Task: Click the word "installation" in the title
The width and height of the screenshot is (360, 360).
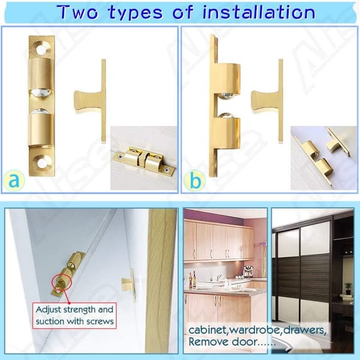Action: pyautogui.click(x=259, y=12)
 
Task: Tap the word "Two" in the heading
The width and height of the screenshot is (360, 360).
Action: pyautogui.click(x=77, y=12)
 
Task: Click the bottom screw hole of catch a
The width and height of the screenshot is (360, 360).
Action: pyautogui.click(x=43, y=162)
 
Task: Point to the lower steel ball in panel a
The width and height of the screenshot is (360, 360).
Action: pyautogui.click(x=41, y=112)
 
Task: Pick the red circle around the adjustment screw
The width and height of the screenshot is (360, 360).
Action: pyautogui.click(x=62, y=283)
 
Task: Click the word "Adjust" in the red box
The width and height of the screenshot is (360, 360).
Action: pyautogui.click(x=49, y=310)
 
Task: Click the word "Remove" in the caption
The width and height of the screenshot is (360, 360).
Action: pyautogui.click(x=208, y=341)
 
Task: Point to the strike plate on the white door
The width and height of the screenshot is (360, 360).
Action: pyautogui.click(x=129, y=284)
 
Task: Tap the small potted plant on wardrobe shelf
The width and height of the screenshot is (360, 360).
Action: pyautogui.click(x=348, y=287)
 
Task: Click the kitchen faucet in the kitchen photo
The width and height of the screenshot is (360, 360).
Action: pyautogui.click(x=218, y=277)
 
